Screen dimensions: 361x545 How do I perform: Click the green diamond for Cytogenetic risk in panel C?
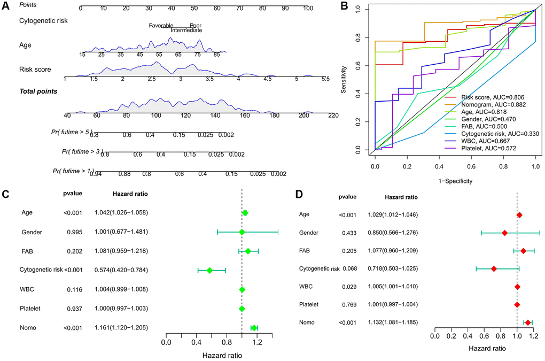point(209,271)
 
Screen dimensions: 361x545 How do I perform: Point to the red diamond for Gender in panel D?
point(505,233)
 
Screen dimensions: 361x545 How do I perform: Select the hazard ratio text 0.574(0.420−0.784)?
point(121,270)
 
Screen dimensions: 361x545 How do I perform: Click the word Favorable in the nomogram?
point(161,25)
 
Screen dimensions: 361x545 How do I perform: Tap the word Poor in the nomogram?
point(195,25)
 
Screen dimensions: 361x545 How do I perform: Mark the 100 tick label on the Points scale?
point(308,9)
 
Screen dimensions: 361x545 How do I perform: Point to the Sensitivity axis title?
point(350,80)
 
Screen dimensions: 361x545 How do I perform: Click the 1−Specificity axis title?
point(455,181)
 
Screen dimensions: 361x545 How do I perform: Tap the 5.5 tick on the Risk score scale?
point(325,79)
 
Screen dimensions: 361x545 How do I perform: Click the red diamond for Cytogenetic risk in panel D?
point(494,268)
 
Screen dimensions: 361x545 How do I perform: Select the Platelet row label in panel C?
point(31,309)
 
